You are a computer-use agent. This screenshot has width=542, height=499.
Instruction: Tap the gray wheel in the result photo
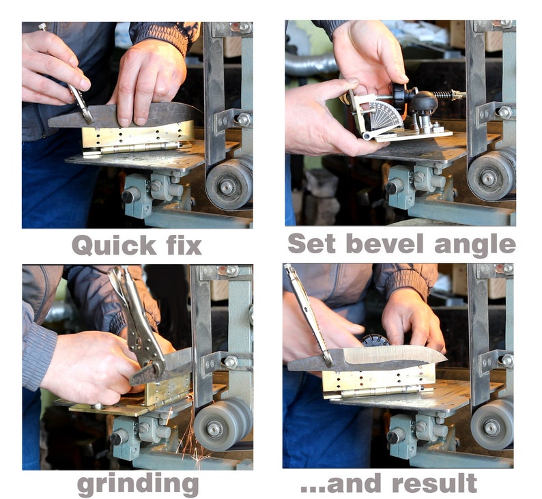492,426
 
